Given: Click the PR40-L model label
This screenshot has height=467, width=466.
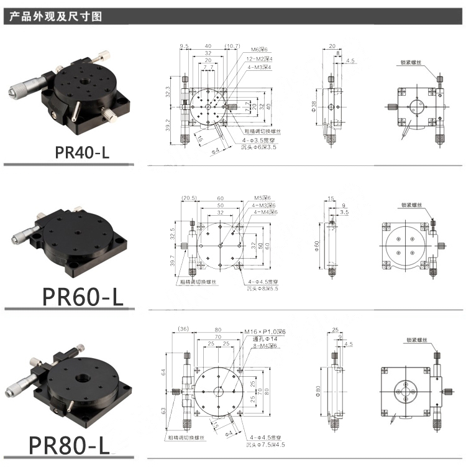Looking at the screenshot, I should [x=82, y=152].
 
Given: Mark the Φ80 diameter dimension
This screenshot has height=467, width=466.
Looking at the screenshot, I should [x=316, y=391].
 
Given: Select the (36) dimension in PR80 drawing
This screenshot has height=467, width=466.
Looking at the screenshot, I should [x=183, y=329].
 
